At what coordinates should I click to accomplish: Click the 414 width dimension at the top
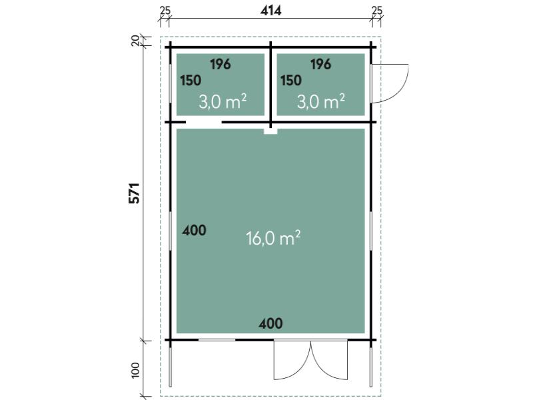pos(271,11)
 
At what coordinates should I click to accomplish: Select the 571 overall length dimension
pos(135,193)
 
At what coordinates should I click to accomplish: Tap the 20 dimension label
pos(135,41)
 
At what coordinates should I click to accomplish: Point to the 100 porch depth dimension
pos(135,370)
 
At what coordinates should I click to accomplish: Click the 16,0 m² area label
pos(273,238)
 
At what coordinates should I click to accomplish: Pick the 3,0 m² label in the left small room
pos(223,101)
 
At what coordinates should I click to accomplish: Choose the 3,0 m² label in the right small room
pos(321,101)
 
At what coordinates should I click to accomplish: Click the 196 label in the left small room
pos(221,64)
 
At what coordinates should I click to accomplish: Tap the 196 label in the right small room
pos(320,64)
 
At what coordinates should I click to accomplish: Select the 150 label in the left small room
pos(191,81)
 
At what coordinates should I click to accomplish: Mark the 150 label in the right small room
pos(291,81)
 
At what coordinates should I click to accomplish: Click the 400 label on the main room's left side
pos(194,230)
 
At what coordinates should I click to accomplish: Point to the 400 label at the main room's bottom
pos(270,323)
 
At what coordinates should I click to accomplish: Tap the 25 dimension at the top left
pos(165,11)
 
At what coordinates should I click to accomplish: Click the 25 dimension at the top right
pos(377,11)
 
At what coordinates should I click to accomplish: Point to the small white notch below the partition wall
pos(270,131)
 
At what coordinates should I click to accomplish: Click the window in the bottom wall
pos(217,340)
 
